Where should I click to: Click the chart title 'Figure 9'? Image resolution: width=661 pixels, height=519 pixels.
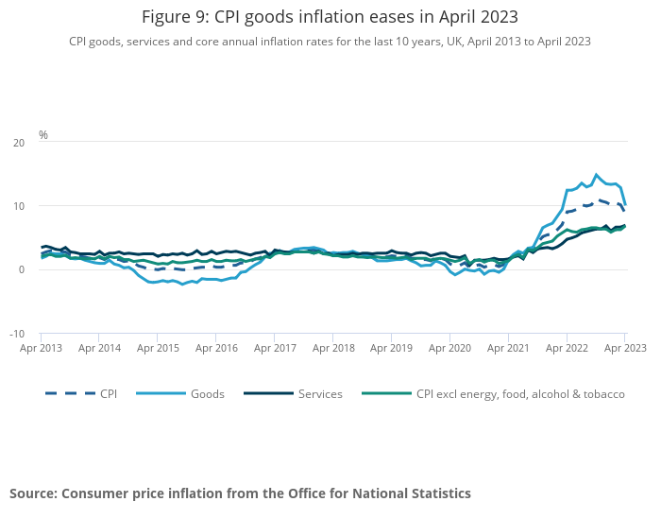pos(330,17)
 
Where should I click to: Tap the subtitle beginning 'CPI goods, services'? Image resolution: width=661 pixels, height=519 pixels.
pos(330,42)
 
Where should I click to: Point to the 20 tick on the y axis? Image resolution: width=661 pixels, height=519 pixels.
pos(19,142)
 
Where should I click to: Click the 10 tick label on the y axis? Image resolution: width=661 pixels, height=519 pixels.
pos(19,206)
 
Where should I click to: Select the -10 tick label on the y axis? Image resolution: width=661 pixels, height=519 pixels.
pos(17,334)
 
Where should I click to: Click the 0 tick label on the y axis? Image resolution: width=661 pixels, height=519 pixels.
pos(22,269)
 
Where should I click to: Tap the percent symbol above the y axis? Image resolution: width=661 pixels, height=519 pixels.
pos(43,135)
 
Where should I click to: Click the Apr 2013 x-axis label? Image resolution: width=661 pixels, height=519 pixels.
pos(41,348)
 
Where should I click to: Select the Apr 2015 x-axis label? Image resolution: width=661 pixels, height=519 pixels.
pos(158,348)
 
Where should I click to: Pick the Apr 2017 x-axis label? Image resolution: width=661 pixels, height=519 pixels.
pos(275,348)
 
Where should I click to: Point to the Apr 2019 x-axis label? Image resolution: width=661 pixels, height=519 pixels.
pos(391,348)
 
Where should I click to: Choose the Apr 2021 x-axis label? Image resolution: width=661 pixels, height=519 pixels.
pos(508,348)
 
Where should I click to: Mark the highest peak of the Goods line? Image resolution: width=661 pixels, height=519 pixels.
pos(596,175)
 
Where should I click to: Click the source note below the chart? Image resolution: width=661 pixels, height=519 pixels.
pos(240,493)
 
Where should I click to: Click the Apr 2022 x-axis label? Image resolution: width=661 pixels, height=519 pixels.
pos(567,348)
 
